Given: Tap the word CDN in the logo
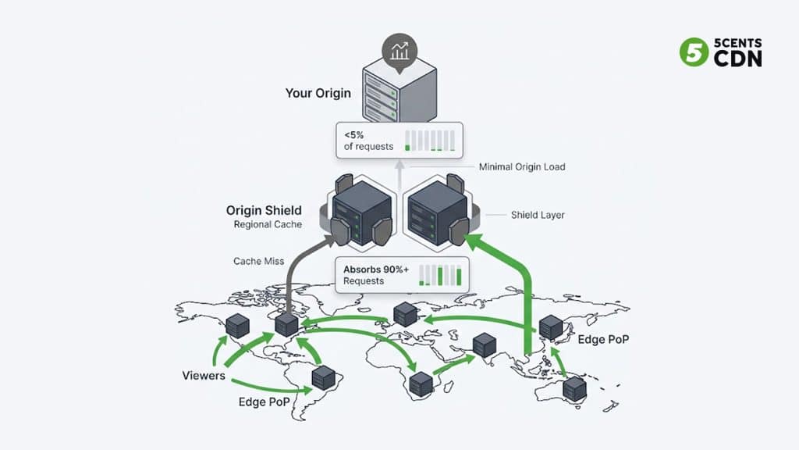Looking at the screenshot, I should pos(738,59).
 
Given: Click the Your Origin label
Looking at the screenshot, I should pos(318,93).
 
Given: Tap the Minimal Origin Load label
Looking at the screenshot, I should pos(521,167).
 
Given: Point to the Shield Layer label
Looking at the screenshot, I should pos(537,214).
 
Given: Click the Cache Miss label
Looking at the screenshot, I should pos(257,261).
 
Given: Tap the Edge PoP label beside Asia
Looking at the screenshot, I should pos(603,340).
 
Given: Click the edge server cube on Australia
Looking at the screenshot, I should pos(575,388).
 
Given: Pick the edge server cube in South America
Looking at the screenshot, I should pos(323,377).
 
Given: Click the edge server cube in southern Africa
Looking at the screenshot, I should pos(421,383).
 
